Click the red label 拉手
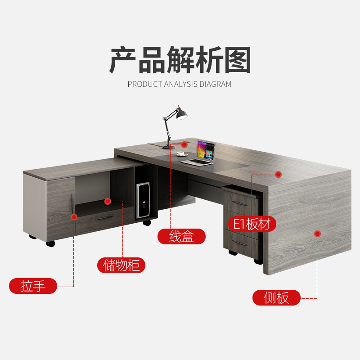click(33, 286)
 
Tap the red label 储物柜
click(121, 265)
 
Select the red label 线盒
click(181, 236)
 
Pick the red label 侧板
click(276, 297)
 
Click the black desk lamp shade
click(181, 115)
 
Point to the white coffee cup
click(181, 154)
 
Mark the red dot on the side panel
click(317, 234)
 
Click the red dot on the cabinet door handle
click(74, 217)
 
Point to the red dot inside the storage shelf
click(108, 201)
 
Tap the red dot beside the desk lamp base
click(184, 144)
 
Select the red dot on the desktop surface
click(278, 174)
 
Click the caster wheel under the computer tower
click(147, 223)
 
